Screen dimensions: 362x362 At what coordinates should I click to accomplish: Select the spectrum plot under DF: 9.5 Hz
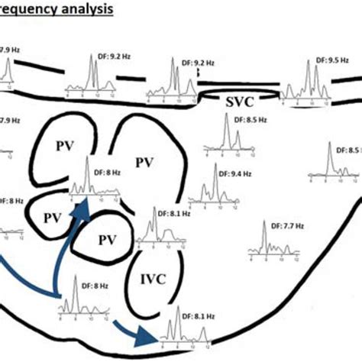tap(309, 82)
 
